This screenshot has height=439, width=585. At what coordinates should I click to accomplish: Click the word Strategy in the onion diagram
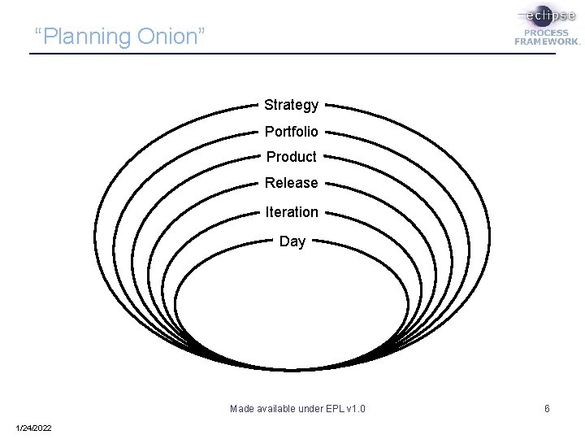click(x=291, y=105)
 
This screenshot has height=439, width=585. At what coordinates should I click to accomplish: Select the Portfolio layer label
click(x=291, y=131)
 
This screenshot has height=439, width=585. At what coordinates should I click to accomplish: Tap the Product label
click(x=291, y=157)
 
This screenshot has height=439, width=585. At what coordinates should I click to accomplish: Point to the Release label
click(x=291, y=183)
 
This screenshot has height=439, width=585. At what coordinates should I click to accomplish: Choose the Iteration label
click(x=291, y=212)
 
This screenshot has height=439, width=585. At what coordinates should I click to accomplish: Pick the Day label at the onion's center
click(x=292, y=241)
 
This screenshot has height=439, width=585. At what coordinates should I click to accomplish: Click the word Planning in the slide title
click(x=88, y=37)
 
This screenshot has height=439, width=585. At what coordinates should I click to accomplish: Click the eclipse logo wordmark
click(x=548, y=15)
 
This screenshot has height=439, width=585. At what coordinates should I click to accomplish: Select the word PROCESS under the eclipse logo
click(x=547, y=33)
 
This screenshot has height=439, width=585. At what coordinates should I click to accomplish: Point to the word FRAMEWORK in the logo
click(x=547, y=41)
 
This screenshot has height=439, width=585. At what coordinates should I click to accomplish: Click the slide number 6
click(x=547, y=408)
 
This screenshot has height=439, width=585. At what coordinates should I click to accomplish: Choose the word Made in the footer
click(x=242, y=408)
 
